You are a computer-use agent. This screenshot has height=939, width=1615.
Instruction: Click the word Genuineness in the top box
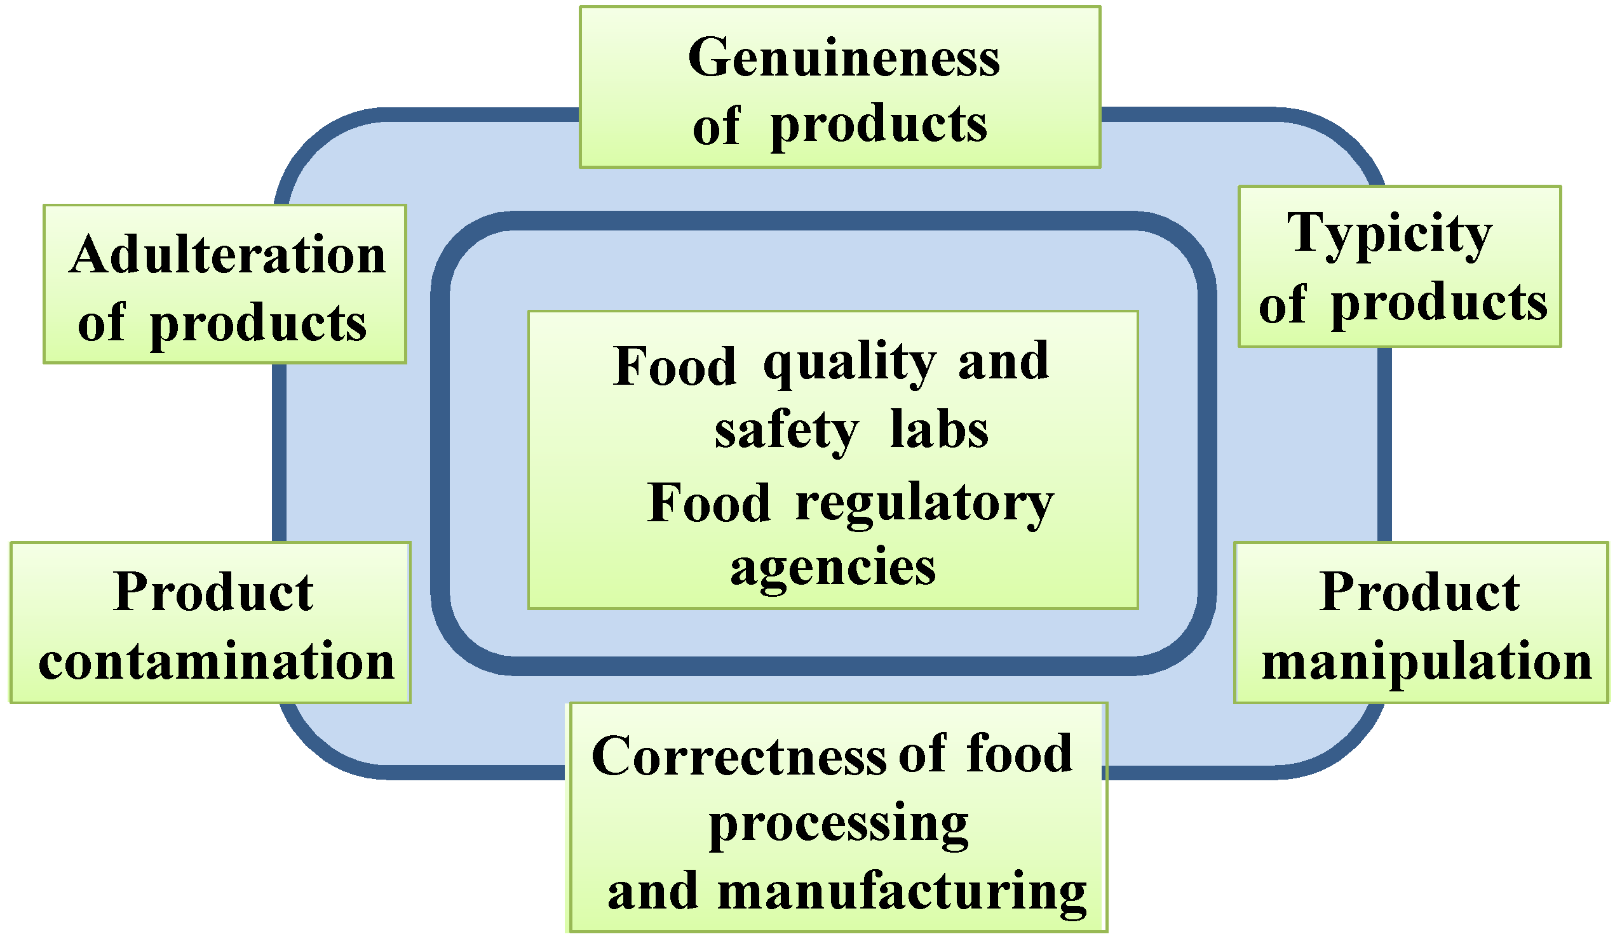843,58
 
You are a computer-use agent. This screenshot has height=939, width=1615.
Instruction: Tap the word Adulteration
227,255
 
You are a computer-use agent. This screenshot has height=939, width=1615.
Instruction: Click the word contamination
217,661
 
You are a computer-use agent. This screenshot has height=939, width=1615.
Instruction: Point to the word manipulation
1426,661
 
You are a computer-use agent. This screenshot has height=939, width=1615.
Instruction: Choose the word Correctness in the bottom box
738,756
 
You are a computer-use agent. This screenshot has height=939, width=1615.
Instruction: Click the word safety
787,431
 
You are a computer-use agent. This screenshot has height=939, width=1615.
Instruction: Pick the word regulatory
924,504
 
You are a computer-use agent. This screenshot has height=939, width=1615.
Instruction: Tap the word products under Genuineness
879,126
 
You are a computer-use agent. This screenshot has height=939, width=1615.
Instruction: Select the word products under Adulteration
259,324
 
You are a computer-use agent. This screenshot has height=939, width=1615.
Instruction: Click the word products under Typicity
1440,304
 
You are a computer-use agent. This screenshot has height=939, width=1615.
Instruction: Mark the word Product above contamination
213,592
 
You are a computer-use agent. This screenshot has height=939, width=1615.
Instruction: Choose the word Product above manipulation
1419,592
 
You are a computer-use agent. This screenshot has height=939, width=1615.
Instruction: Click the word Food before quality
674,366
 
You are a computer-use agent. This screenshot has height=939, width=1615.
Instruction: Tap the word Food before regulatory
709,504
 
